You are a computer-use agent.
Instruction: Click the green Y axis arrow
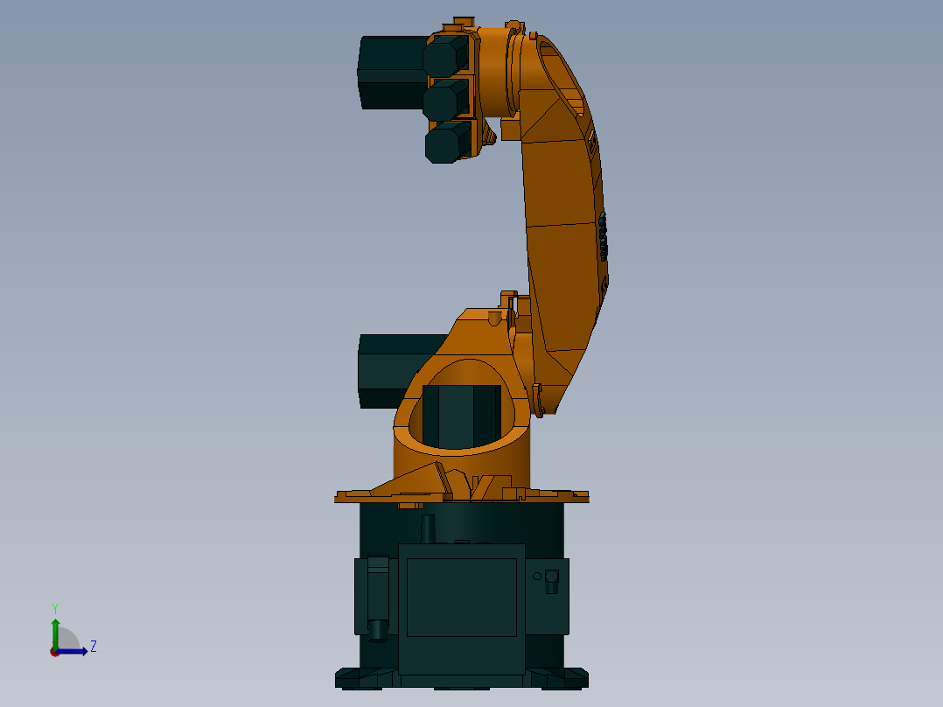(x=55, y=630)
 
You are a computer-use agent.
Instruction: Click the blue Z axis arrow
(x=75, y=651)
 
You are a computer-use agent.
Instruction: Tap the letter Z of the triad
(x=94, y=647)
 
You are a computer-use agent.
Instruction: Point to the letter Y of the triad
(x=55, y=607)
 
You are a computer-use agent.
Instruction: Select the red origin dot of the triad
(x=54, y=652)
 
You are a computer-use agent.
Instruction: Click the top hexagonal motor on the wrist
(x=445, y=58)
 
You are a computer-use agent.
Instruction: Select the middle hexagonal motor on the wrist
(x=446, y=100)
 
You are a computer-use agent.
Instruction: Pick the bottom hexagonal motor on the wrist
(x=448, y=143)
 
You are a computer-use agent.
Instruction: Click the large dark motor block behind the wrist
(x=392, y=72)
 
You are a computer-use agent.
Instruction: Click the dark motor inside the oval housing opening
(x=461, y=416)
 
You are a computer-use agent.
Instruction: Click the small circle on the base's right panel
(x=537, y=576)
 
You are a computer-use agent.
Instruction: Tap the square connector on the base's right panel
(x=551, y=577)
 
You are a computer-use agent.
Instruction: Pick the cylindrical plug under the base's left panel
(x=378, y=629)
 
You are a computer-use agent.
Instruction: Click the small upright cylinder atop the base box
(x=428, y=528)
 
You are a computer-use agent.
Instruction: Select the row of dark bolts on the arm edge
(x=603, y=236)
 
